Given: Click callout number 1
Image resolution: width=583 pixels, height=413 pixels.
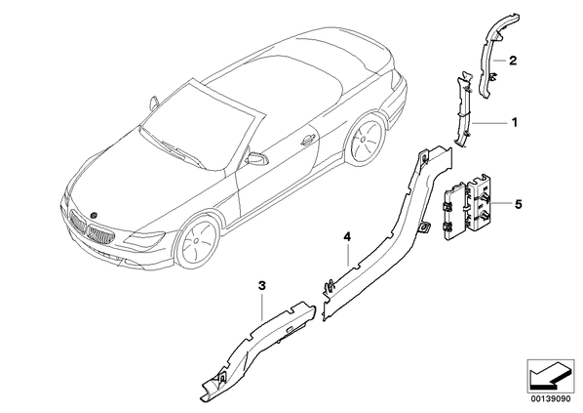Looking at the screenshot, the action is pyautogui.click(x=515, y=122).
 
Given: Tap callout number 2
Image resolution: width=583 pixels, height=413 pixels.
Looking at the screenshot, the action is pyautogui.click(x=513, y=61).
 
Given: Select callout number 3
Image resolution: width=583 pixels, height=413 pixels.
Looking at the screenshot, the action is pyautogui.click(x=262, y=286).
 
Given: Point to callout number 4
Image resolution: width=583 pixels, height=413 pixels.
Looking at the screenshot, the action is pyautogui.click(x=347, y=236).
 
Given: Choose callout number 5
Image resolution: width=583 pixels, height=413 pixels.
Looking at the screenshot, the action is pyautogui.click(x=519, y=204).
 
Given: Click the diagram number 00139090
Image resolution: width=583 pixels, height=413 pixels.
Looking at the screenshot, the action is pyautogui.click(x=550, y=399).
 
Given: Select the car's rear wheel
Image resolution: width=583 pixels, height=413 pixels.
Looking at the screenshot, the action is pyautogui.click(x=364, y=140).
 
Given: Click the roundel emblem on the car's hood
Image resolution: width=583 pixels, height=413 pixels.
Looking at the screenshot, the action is pyautogui.click(x=94, y=215).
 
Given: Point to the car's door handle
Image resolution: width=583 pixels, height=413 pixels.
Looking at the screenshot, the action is pyautogui.click(x=308, y=140).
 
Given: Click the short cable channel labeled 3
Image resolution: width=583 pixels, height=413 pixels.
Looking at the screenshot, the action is pyautogui.click(x=257, y=352).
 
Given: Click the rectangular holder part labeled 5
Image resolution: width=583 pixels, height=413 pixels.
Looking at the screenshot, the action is pyautogui.click(x=469, y=207).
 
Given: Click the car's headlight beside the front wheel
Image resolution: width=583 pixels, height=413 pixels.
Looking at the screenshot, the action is pyautogui.click(x=146, y=238).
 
